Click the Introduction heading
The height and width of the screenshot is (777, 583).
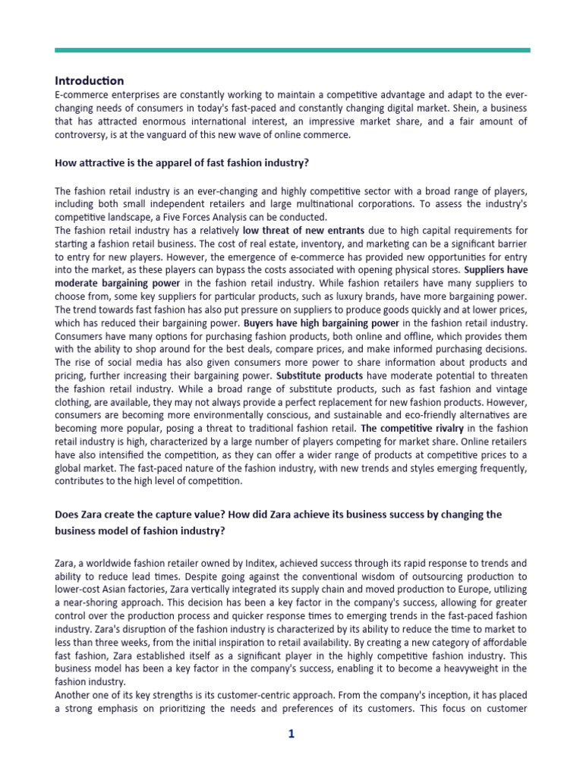point(90,80)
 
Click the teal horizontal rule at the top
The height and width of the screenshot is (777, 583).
point(291,50)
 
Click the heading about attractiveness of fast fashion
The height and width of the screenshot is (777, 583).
point(182,163)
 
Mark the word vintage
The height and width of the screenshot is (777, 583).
point(506,388)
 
